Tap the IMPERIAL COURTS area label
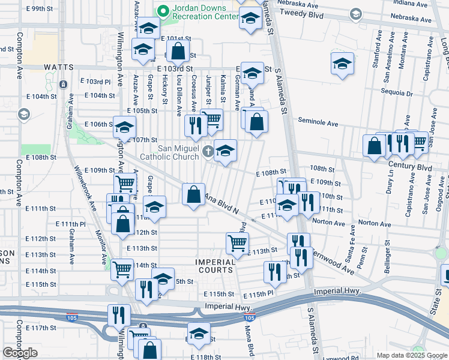[215, 266]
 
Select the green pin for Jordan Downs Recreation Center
[163, 11]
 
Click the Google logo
[20, 353]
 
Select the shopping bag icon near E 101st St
[178, 52]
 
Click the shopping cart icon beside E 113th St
[237, 243]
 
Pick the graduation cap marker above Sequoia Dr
[342, 63]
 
